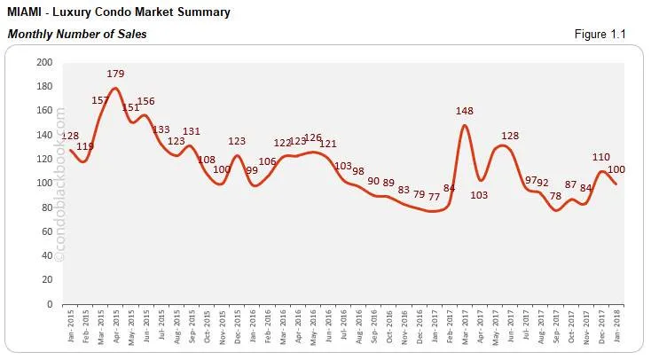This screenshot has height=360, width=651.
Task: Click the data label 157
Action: (x=101, y=100)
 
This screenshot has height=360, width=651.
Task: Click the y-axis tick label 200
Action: (x=44, y=63)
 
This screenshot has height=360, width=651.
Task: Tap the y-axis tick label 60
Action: (x=47, y=231)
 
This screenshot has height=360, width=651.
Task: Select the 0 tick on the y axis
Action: (x=50, y=304)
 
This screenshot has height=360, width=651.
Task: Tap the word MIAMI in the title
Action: (x=24, y=12)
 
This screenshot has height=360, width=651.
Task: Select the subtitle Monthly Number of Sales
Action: (x=77, y=34)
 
